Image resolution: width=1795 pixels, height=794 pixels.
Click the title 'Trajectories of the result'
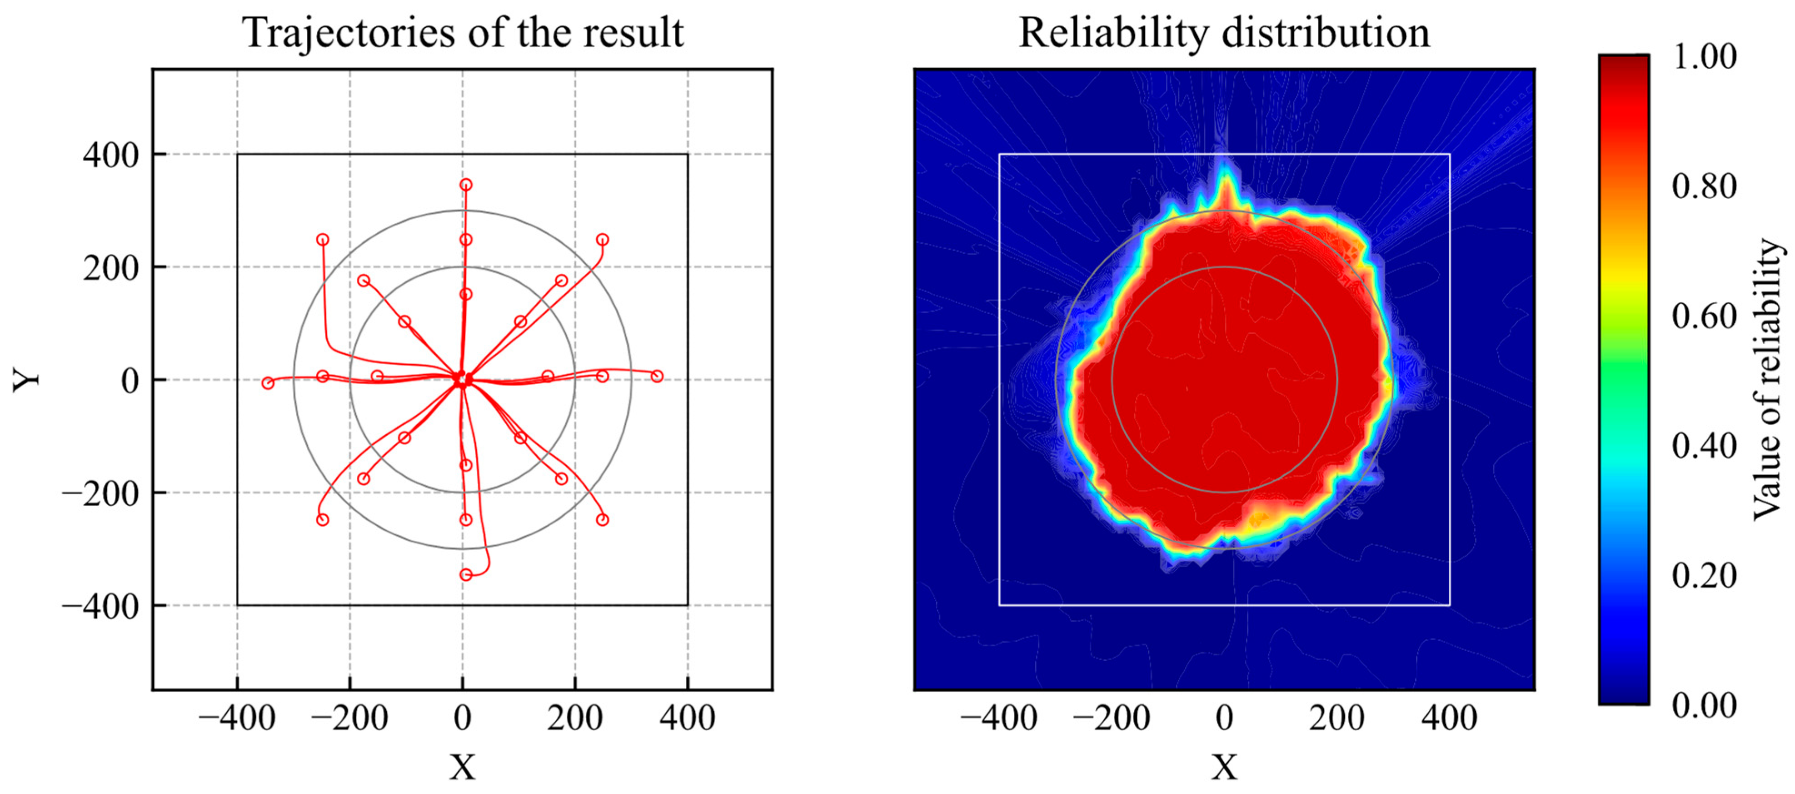click(x=463, y=32)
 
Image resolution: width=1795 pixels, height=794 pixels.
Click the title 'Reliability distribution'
click(x=1224, y=32)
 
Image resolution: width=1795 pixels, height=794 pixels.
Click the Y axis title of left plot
click(x=26, y=380)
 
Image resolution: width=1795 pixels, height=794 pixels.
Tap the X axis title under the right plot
click(x=1224, y=767)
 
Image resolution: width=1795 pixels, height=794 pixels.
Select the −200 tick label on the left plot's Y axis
click(x=100, y=493)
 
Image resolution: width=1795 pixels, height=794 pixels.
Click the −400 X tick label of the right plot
click(x=998, y=718)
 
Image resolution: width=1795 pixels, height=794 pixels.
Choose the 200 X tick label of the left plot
click(x=574, y=718)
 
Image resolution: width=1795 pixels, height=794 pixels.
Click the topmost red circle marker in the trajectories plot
click(x=465, y=185)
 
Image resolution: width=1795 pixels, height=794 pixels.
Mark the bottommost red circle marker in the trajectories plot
click(x=465, y=574)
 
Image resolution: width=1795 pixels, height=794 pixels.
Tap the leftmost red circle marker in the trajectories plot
click(x=268, y=383)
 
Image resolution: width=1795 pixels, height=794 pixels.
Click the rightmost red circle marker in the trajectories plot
click(x=657, y=377)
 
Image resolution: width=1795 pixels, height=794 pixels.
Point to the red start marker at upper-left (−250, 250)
click(x=323, y=240)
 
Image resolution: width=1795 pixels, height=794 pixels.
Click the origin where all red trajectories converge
click(x=462, y=380)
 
